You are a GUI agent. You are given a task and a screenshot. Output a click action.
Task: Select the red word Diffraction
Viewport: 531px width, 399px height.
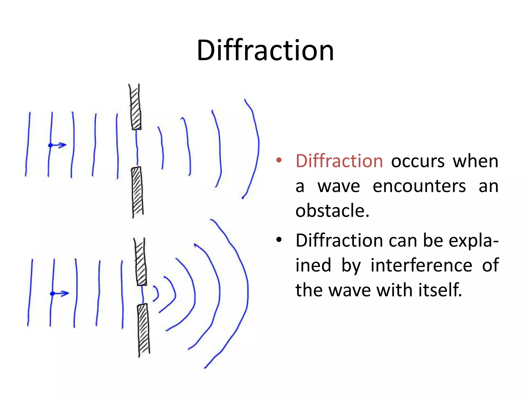[x=339, y=161]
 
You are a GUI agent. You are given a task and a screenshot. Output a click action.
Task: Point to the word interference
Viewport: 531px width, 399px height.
[x=421, y=265]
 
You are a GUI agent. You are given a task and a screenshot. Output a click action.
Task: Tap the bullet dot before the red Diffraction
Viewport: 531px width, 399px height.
[x=279, y=160]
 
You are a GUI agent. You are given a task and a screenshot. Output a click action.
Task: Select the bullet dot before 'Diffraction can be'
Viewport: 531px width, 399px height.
[x=279, y=240]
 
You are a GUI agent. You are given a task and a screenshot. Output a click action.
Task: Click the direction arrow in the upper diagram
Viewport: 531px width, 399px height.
[x=58, y=145]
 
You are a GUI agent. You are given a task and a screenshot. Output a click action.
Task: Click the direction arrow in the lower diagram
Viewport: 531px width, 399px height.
[x=60, y=294]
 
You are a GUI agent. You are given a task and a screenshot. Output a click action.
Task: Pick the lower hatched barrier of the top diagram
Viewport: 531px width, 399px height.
[x=137, y=191]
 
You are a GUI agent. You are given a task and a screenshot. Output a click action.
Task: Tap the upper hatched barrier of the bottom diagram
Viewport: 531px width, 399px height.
[x=141, y=262]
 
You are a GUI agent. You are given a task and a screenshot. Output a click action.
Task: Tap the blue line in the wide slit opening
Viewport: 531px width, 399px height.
[x=137, y=148]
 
